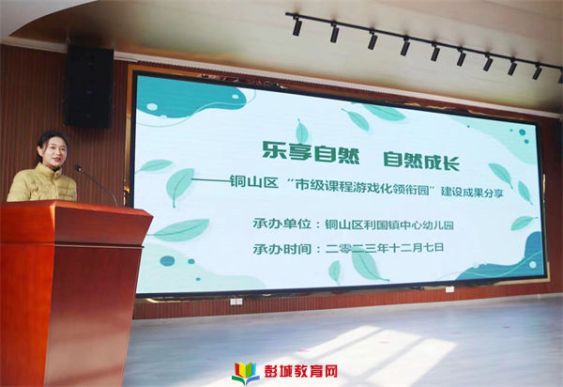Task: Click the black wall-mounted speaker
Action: [89, 86]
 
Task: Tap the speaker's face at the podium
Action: [53, 154]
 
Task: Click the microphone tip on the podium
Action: [78, 168]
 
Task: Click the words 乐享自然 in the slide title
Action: [311, 152]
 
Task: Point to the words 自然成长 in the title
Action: [421, 161]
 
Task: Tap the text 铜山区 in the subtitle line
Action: [254, 182]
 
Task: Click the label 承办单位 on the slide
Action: [281, 224]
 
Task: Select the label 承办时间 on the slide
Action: [281, 249]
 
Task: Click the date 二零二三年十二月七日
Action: [385, 248]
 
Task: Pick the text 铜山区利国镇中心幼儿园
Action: [389, 224]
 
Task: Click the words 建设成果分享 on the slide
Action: [472, 192]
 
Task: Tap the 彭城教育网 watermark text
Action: [301, 371]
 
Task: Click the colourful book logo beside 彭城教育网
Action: [246, 373]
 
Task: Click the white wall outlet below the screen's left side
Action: [236, 302]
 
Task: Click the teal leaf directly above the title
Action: [302, 132]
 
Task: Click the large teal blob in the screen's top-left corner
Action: [187, 98]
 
